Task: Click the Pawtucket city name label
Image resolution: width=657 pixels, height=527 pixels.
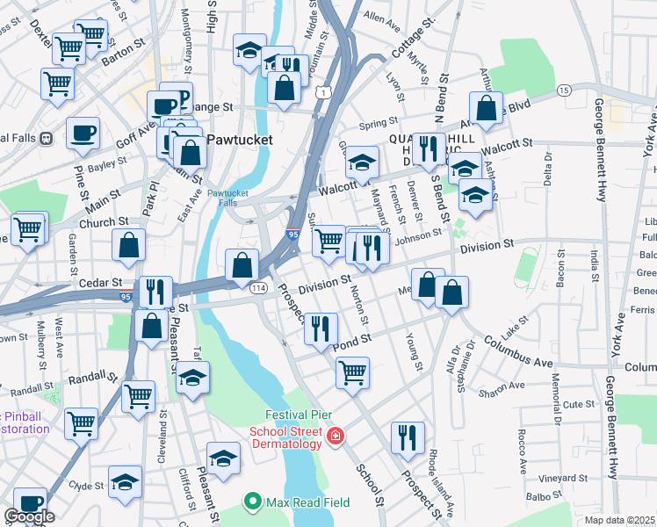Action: (x=241, y=140)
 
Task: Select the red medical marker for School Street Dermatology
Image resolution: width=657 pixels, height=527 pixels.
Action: (x=335, y=437)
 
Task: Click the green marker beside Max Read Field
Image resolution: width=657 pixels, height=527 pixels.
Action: (x=254, y=502)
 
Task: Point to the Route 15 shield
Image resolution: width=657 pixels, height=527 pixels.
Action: (x=564, y=90)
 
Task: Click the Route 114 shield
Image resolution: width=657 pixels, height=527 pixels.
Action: (x=258, y=288)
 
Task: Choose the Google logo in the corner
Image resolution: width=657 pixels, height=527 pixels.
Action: (x=29, y=516)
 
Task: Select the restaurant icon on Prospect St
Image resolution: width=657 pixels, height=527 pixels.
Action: (x=407, y=437)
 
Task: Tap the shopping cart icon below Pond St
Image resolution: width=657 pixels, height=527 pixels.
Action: (x=352, y=372)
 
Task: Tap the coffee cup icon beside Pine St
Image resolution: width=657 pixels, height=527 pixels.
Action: (x=83, y=134)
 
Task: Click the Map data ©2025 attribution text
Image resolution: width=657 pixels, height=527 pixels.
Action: (x=620, y=520)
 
